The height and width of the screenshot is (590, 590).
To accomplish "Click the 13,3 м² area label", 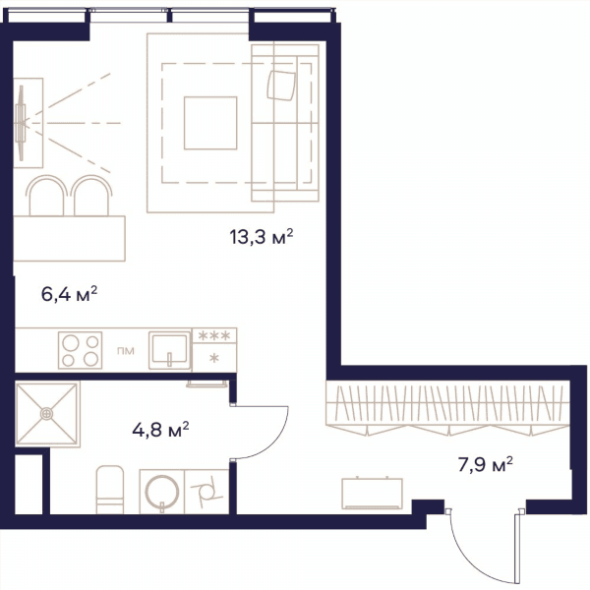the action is click(262, 237).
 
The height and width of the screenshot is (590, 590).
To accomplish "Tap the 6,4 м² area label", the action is click(69, 293).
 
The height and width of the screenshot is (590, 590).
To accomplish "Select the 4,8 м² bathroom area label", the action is click(160, 430).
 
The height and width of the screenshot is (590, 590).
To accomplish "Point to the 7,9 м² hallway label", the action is click(486, 464).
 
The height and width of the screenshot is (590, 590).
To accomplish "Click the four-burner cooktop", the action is click(81, 350).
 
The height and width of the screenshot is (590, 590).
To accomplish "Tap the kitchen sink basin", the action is click(169, 350).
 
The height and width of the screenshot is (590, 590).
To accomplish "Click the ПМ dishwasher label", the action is click(126, 351).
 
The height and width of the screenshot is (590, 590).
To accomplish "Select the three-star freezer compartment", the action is click(214, 335).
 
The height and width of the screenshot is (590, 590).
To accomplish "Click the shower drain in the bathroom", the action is click(46, 414).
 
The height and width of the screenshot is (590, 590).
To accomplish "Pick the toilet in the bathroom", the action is click(110, 490).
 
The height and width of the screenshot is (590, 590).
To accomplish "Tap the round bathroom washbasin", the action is click(162, 492).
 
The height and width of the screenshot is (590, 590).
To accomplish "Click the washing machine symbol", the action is click(206, 492).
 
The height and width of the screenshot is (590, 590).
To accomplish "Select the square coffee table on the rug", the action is click(210, 123).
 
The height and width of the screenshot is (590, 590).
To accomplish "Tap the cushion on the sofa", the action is click(281, 86).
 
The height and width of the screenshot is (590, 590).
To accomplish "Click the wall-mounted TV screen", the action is click(21, 123).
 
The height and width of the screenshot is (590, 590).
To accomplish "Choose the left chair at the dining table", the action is click(46, 196).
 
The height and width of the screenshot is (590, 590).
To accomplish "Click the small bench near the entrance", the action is click(372, 494).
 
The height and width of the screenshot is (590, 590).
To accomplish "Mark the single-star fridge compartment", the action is click(214, 358).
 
